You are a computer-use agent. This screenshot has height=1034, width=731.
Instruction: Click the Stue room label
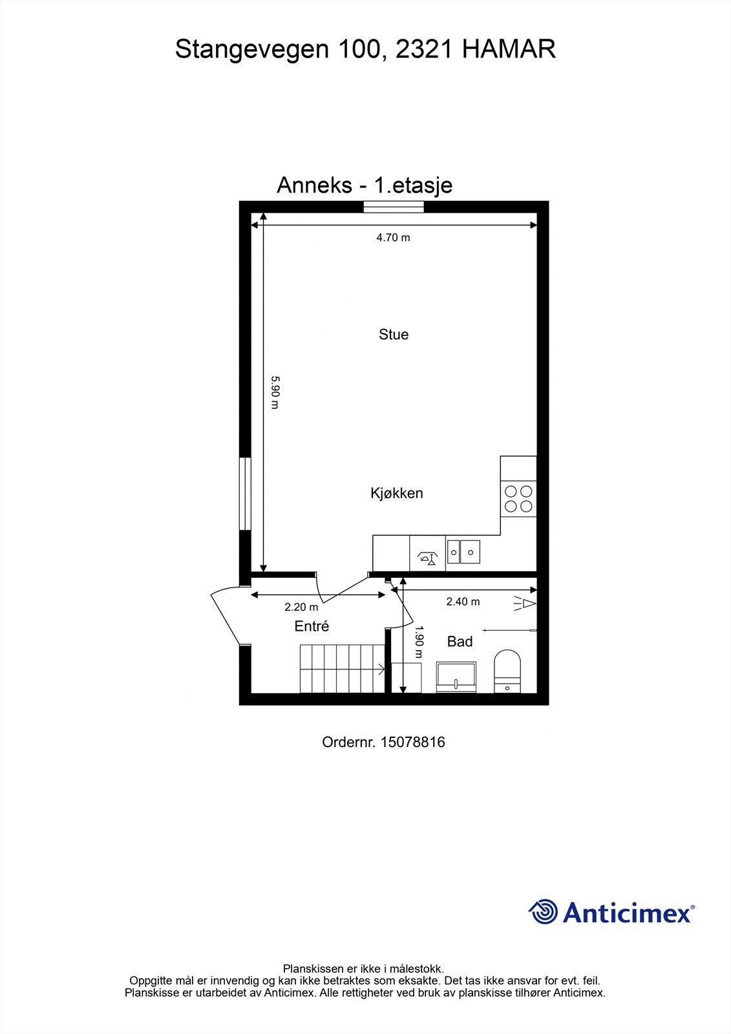[x=394, y=335]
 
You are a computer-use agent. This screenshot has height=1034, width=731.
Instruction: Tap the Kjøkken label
[x=397, y=493]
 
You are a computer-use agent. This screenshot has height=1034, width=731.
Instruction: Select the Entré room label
[x=312, y=626]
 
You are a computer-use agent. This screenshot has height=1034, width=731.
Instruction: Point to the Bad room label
[x=460, y=642]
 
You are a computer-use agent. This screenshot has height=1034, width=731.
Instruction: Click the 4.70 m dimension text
[x=393, y=237]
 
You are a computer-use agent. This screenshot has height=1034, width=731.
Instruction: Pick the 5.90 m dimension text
[x=274, y=392]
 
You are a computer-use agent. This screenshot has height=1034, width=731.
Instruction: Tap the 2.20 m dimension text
[x=301, y=607]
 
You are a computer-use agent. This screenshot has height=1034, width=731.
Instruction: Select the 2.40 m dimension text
[x=463, y=602]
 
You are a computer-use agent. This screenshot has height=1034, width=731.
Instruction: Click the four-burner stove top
[x=518, y=499]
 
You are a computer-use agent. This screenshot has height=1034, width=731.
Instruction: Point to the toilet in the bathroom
[x=507, y=672]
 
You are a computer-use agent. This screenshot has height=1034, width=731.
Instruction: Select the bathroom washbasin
[x=456, y=677]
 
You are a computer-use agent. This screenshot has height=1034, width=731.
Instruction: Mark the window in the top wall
[x=393, y=207]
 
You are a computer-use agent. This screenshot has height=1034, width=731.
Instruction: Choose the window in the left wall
[x=245, y=494]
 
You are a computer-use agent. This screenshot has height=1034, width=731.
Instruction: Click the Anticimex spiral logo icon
[x=543, y=912]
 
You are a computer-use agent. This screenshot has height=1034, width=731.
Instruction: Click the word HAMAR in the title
[x=509, y=50]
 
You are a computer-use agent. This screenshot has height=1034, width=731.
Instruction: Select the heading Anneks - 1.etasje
[x=365, y=185]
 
